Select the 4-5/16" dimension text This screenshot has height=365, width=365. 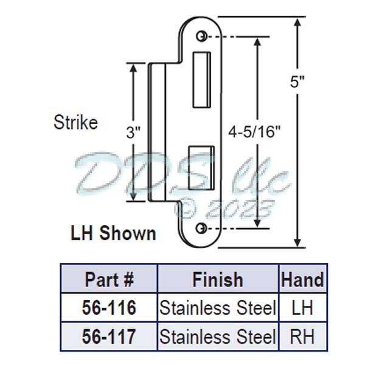255,132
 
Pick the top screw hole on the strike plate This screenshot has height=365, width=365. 201,37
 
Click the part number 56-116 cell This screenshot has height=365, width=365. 109,308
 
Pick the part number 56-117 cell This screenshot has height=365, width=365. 109,336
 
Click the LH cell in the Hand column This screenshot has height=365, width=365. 302,308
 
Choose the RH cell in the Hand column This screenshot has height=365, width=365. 302,336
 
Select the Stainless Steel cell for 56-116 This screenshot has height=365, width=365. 218,308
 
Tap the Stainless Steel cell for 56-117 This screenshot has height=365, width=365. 218,336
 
